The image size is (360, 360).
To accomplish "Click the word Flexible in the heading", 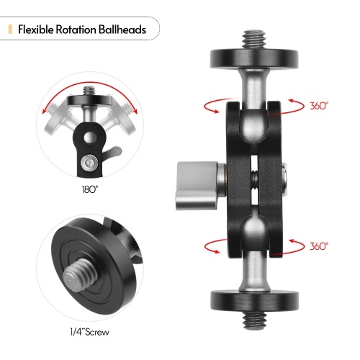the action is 35,30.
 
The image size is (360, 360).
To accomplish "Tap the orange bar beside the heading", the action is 10,30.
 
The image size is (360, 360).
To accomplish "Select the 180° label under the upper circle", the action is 90,189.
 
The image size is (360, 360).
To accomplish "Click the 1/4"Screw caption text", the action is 89,332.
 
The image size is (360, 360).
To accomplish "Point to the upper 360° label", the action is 319,106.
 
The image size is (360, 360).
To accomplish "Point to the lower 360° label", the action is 319,246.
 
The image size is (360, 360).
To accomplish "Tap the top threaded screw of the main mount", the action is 254,39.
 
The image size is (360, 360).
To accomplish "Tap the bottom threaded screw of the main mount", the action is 254,320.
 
